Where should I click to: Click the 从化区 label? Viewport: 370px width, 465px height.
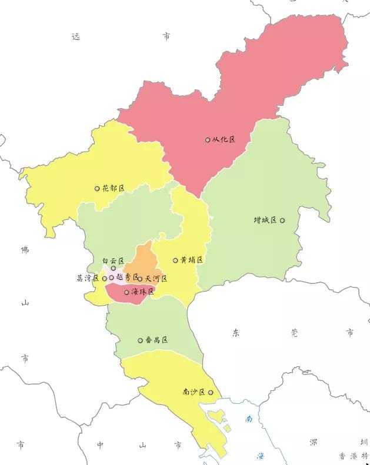pyautogui.click(x=224, y=139)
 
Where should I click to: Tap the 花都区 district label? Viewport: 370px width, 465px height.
pyautogui.click(x=113, y=189)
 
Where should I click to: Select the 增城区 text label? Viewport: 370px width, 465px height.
pyautogui.click(x=265, y=220)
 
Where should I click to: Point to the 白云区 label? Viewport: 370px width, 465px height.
pyautogui.click(x=113, y=260)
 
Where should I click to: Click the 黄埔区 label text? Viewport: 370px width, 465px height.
pyautogui.click(x=192, y=260)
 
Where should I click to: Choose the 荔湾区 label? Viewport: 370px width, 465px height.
pyautogui.click(x=88, y=278)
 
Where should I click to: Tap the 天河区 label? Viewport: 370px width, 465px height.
pyautogui.click(x=156, y=278)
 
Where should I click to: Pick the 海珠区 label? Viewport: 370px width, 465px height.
pyautogui.click(x=142, y=292)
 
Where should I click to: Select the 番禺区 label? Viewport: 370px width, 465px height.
pyautogui.click(x=156, y=340)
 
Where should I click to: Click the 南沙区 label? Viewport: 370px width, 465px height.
pyautogui.click(x=194, y=392)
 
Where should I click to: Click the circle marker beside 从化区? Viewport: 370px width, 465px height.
pyautogui.click(x=208, y=140)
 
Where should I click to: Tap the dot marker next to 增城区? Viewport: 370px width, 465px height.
pyautogui.click(x=282, y=220)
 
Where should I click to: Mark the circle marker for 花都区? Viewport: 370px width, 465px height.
pyautogui.click(x=97, y=189)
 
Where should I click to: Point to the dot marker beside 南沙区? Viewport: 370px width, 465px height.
pyautogui.click(x=211, y=392)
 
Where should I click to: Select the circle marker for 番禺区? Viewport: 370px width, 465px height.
pyautogui.click(x=140, y=340)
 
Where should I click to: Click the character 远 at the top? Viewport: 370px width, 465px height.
pyautogui.click(x=75, y=36)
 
